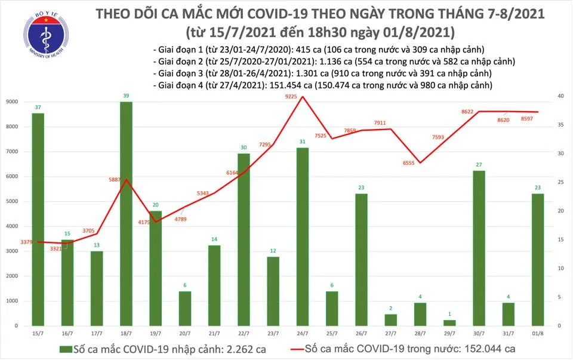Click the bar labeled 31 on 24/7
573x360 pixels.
(x=302, y=236)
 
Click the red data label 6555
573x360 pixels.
(x=407, y=153)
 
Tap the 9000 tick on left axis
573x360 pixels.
(x=12, y=102)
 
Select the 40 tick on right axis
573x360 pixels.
(x=560, y=97)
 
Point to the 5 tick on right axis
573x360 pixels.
(x=559, y=297)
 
